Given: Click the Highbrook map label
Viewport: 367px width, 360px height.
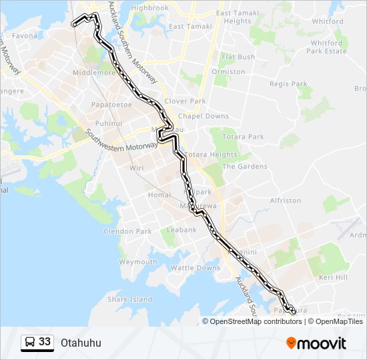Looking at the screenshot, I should click(150, 8).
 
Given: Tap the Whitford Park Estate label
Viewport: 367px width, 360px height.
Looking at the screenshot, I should click(327, 47).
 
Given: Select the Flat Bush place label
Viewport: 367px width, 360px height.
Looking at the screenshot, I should click(238, 57).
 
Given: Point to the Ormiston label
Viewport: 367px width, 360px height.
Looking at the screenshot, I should click(228, 71).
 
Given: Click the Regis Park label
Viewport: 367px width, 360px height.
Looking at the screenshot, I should click(288, 84).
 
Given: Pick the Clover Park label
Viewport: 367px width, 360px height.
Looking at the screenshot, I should click(186, 101).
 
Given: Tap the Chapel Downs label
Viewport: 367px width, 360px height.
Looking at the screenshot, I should click(204, 116).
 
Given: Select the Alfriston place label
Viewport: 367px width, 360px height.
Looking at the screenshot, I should click(286, 200).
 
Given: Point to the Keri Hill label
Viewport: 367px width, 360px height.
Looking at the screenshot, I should click(334, 277).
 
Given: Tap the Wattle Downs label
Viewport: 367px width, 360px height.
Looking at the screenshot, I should click(196, 268).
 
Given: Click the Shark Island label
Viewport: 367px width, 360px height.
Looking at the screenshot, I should click(130, 299).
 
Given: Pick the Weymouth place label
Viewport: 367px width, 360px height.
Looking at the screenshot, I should click(137, 262).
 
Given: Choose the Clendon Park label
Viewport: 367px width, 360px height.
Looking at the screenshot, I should click(127, 231).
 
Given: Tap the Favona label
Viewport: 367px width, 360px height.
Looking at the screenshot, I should click(25, 35).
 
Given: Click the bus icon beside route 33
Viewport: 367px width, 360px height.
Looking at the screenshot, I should click(30, 343).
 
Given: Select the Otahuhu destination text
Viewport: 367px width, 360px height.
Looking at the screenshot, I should click(81, 343).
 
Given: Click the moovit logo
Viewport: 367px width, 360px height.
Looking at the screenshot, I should click(316, 343).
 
